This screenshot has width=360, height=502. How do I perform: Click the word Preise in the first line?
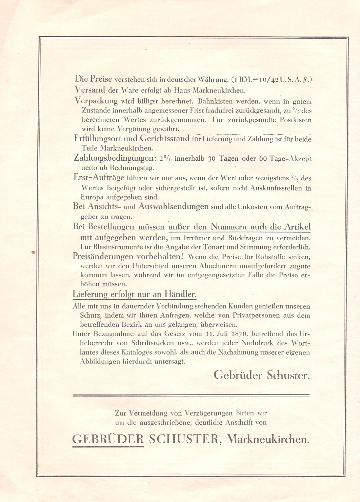(x=101, y=79)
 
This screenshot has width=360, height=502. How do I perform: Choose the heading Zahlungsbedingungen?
(x=112, y=158)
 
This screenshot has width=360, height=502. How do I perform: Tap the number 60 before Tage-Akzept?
(x=263, y=159)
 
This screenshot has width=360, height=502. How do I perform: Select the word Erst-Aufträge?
(x=99, y=178)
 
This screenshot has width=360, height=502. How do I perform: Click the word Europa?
(x=92, y=197)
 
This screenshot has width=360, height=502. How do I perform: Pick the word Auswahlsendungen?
(x=173, y=207)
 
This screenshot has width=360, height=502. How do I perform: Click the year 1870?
(x=239, y=334)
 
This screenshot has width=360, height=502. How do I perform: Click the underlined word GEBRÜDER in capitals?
(x=108, y=439)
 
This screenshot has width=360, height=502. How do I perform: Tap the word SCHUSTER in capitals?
(x=183, y=439)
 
